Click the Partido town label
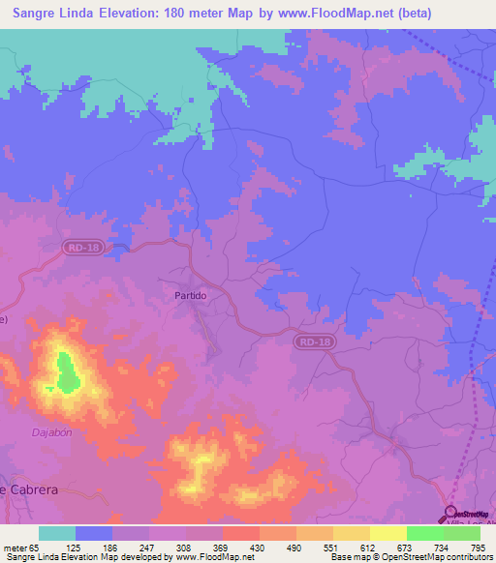click(191, 295)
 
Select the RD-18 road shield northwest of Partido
click(83, 249)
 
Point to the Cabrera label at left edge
click(30, 489)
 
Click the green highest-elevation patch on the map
click(66, 372)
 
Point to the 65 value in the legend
click(36, 547)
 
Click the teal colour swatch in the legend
click(57, 533)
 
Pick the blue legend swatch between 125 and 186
click(94, 533)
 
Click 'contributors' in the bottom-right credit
click(466, 557)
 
